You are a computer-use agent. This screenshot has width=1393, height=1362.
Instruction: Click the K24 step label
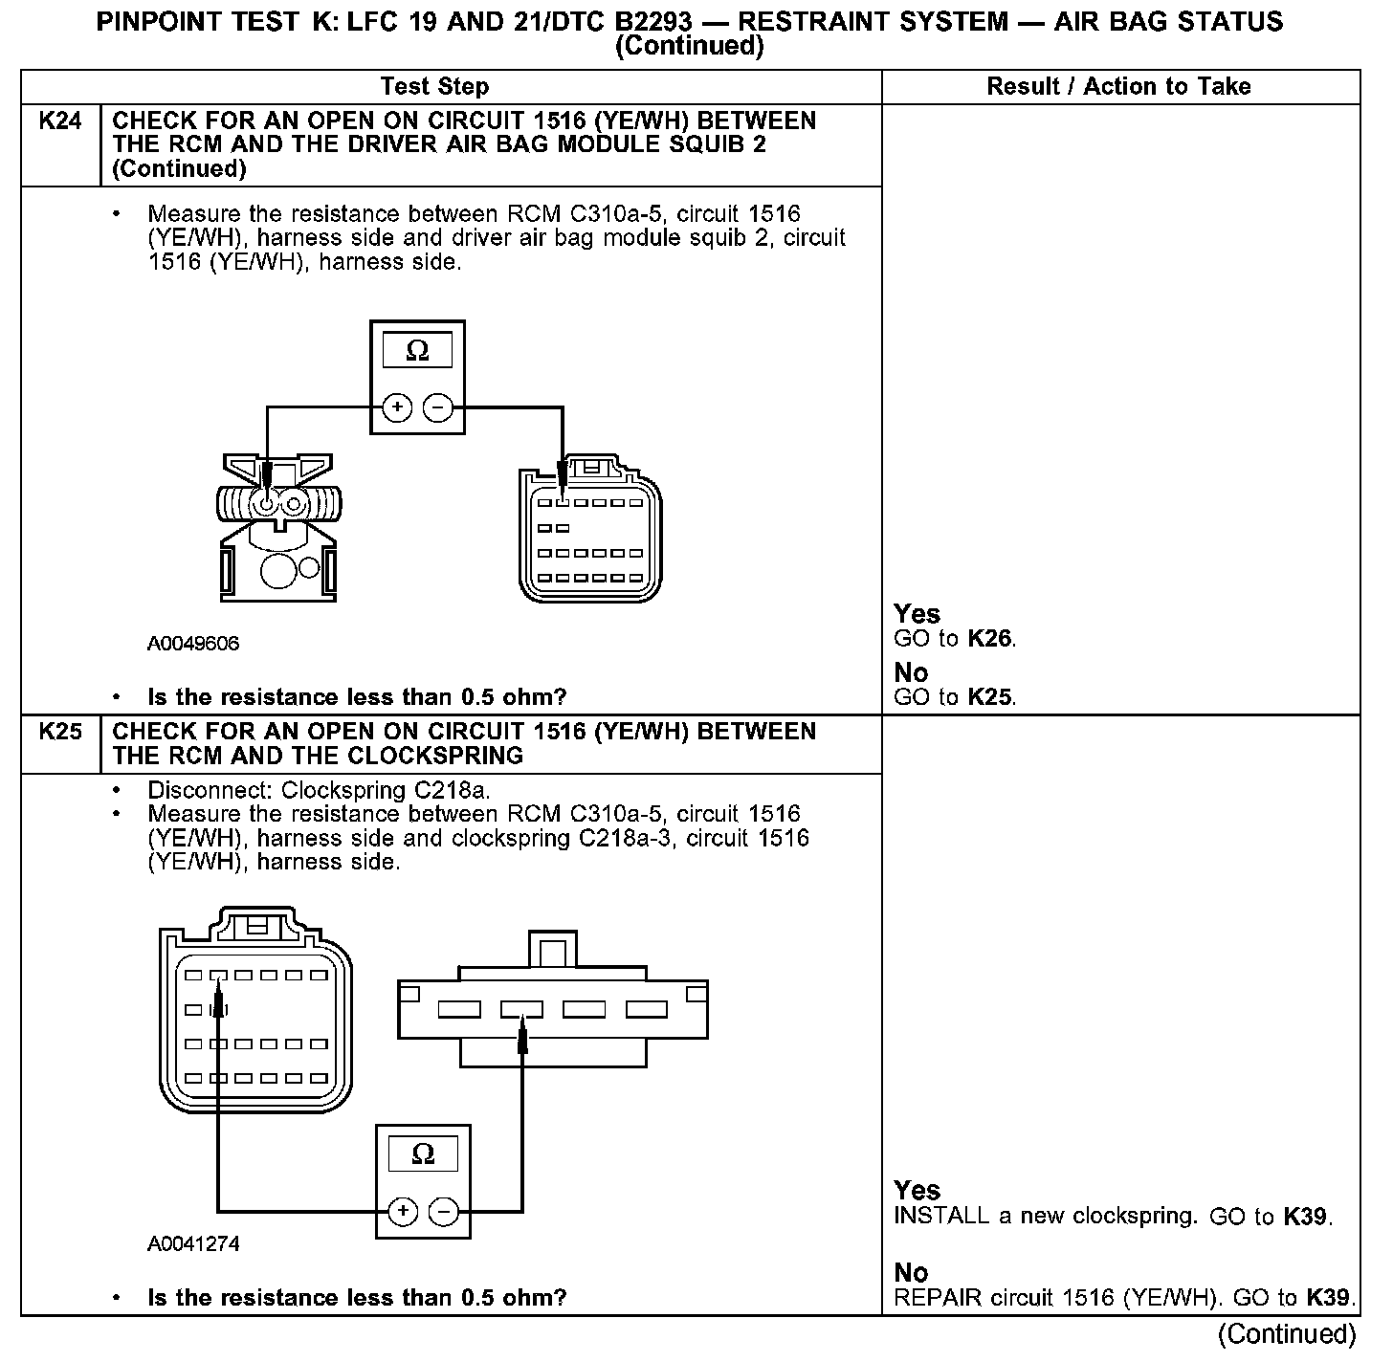coord(59,121)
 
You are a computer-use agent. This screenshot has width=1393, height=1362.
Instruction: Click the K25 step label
coord(59,732)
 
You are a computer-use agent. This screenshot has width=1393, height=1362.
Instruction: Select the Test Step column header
coord(434,87)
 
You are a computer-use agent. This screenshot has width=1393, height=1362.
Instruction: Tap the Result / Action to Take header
coord(1118,87)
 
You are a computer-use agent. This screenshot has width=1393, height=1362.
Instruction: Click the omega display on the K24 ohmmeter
coord(417,351)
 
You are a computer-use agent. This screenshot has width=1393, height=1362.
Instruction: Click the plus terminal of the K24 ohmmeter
coord(397,408)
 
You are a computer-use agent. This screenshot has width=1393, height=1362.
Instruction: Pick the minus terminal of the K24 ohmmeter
coord(438,408)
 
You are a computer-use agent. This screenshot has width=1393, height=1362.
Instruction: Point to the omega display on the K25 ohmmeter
coord(422,1154)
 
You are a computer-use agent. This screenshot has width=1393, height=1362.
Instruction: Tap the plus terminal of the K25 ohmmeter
coord(403,1212)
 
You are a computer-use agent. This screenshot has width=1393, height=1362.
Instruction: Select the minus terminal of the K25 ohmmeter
coord(444,1212)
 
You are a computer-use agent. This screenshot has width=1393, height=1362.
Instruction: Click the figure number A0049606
coord(193,644)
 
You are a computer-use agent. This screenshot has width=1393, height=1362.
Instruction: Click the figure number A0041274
coord(193,1244)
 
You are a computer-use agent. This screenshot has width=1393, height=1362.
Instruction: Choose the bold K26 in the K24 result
coord(989,639)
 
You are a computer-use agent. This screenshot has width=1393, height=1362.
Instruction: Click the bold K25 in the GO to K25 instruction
coord(989,697)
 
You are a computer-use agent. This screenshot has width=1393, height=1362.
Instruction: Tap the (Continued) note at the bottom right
coord(1287,1333)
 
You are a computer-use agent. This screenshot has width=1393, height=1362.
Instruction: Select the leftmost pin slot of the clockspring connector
coord(458,1009)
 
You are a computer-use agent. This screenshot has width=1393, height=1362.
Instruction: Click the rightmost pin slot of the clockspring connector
coord(647,1009)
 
